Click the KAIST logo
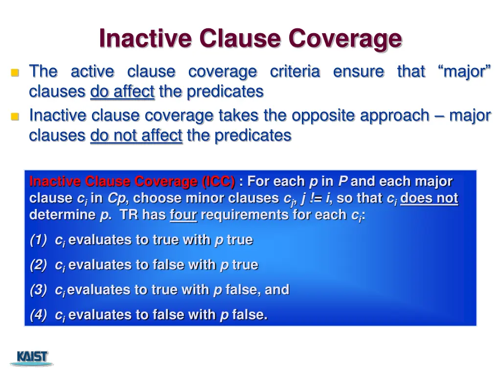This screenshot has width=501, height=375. (32, 357)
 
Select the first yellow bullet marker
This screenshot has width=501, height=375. (15, 73)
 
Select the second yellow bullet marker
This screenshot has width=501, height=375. (15, 117)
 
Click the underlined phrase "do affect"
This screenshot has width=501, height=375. (122, 91)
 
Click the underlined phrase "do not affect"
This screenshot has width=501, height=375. (136, 135)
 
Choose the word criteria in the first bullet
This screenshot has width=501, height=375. (295, 72)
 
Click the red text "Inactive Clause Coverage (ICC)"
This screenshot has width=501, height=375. (132, 182)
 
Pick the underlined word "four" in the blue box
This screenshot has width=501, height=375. (183, 215)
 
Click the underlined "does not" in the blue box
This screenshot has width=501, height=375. (429, 198)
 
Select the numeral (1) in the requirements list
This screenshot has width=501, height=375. (38, 240)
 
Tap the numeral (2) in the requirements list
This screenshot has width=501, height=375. (38, 265)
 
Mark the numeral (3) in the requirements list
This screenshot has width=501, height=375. (38, 290)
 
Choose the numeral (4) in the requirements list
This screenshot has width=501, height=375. (38, 315)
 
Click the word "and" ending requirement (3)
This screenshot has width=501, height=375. (277, 290)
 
